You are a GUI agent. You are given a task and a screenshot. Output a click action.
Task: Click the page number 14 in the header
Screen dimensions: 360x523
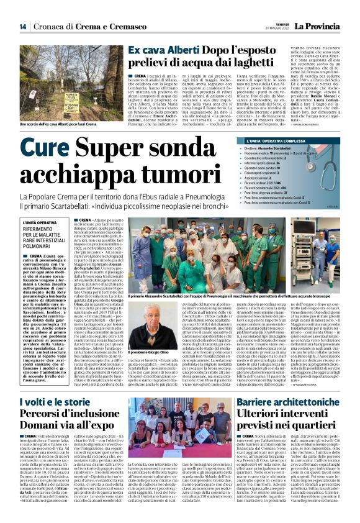(22, 27)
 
